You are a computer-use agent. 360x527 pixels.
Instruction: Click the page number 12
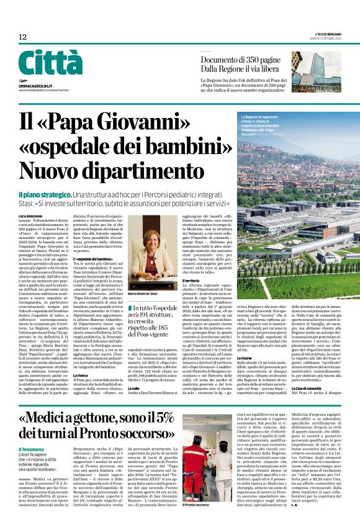click(x=22, y=37)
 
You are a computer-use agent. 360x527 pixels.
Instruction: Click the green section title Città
click(x=50, y=63)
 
